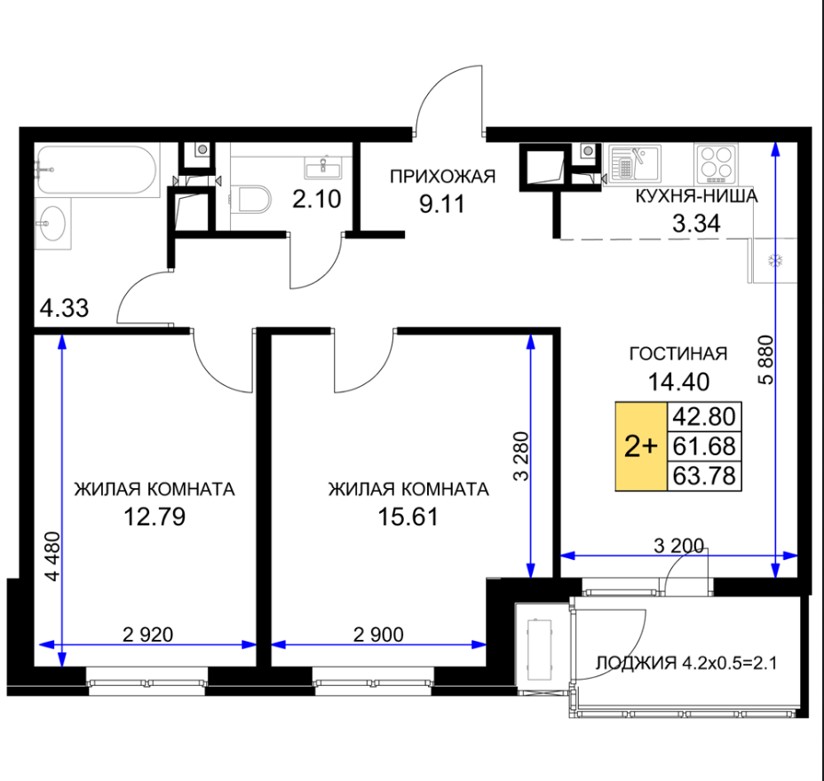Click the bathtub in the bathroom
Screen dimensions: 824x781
97,170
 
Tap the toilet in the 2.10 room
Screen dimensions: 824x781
251,200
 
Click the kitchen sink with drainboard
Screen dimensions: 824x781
634,162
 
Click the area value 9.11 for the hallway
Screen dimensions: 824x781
442,204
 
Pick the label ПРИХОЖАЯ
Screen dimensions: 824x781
442,177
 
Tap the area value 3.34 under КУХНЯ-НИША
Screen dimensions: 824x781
696,224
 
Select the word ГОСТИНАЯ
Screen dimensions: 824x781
677,354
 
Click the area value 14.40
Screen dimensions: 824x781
678,382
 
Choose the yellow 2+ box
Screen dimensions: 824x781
641,446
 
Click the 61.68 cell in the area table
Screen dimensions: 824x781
704,446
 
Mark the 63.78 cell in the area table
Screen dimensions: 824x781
704,476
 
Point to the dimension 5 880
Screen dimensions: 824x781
766,359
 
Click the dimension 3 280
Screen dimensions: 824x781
521,456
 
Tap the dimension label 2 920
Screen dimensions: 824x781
147,635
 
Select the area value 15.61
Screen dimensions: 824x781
408,517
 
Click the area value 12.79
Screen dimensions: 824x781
154,517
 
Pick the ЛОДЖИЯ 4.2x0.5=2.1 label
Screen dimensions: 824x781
685,663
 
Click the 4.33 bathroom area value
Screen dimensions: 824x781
64,308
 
